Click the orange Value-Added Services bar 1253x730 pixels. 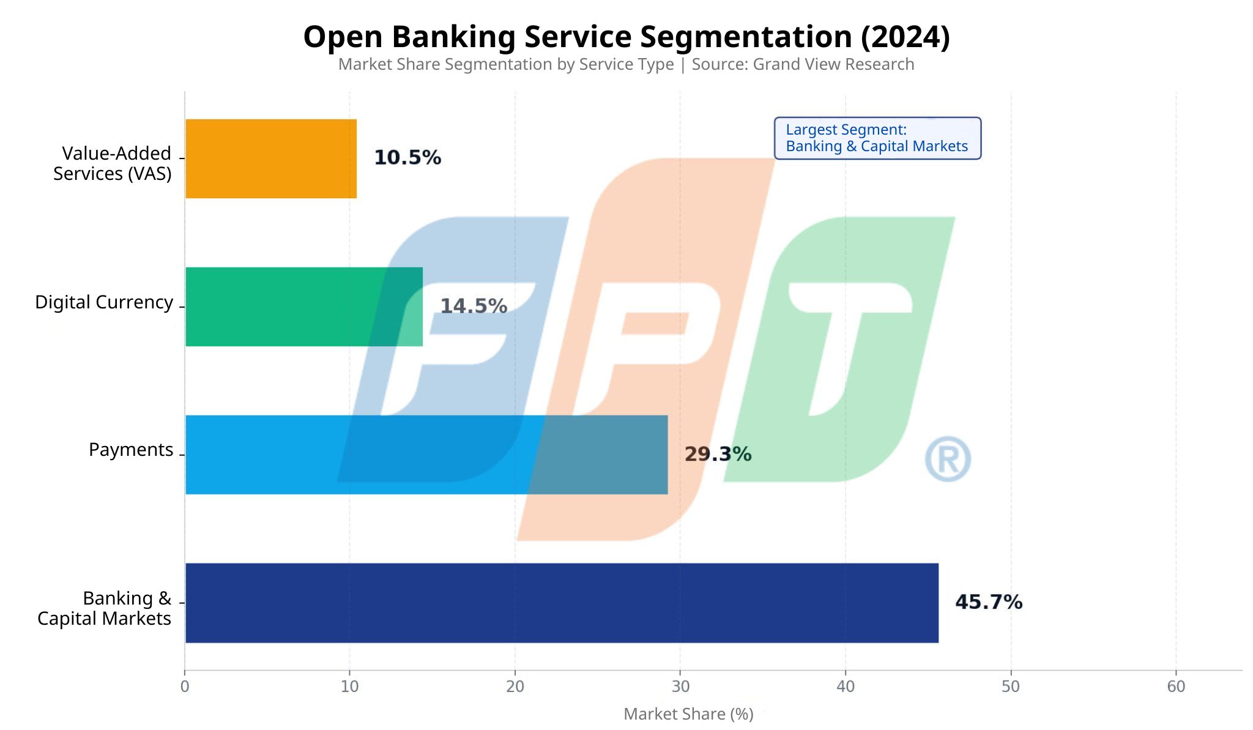coord(270,158)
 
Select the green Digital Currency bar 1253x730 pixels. coord(303,307)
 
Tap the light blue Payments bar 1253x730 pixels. coord(426,455)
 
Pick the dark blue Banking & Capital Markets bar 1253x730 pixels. coord(561,603)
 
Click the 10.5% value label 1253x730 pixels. coord(407,158)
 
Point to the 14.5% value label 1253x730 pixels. coord(474,306)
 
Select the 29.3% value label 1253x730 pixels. coord(718,454)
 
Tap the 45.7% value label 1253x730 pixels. coord(989,602)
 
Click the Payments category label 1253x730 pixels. coord(131,450)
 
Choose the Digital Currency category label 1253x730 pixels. coord(104,302)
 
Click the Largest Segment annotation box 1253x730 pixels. coord(877,138)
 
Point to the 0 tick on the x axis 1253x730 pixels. coord(185,687)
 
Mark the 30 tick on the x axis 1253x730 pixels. coord(680,687)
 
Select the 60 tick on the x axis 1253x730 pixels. coord(1176,687)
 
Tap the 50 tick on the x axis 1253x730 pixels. coord(1011,687)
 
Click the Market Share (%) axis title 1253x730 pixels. coord(688,714)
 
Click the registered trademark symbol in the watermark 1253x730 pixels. coord(948,459)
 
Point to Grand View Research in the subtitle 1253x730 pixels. coord(833,64)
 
